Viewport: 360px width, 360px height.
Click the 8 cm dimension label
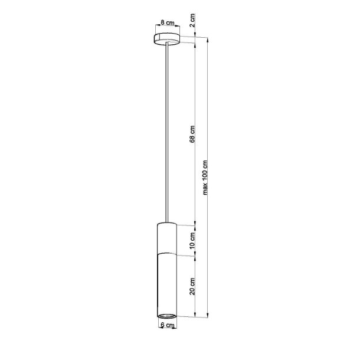[x=168, y=23]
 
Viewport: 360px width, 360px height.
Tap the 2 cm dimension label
[x=192, y=21]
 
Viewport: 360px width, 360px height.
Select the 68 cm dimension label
[x=192, y=134]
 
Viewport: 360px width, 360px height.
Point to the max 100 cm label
[x=205, y=178]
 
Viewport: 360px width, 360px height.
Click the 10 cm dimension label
[x=192, y=241]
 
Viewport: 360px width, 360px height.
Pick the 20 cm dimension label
[x=192, y=287]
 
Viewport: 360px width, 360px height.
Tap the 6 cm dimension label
[x=168, y=325]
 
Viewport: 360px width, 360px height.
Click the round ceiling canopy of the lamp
[x=166, y=40]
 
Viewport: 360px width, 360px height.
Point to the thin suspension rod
[x=166, y=132]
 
